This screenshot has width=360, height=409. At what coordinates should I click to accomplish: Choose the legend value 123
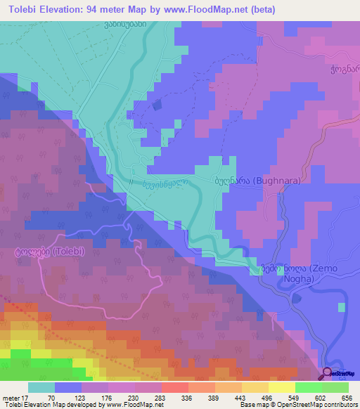89,397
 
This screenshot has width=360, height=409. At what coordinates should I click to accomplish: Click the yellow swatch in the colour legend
281,387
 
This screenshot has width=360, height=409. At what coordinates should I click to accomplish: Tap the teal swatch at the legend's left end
41,387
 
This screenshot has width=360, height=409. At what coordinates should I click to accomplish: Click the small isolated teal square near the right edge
342,307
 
